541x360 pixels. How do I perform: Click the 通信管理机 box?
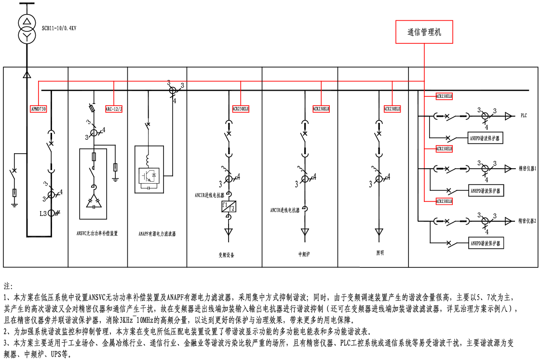(x=424, y=32)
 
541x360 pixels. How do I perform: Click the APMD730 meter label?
(x=39, y=109)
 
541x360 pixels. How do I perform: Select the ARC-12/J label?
(x=114, y=109)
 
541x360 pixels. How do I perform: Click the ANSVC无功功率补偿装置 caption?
(x=97, y=233)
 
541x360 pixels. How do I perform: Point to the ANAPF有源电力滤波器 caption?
(x=157, y=234)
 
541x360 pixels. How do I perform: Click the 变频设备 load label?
(x=226, y=254)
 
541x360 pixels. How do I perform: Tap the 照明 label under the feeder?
(x=380, y=253)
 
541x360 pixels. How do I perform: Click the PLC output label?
(x=524, y=116)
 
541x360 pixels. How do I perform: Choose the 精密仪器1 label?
(x=527, y=169)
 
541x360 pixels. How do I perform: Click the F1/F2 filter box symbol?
(x=228, y=207)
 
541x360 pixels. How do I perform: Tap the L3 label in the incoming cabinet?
(x=44, y=213)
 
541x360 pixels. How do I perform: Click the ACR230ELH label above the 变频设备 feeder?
(x=241, y=109)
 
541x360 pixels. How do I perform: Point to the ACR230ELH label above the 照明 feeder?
(x=392, y=109)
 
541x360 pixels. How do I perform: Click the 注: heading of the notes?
(x=9, y=286)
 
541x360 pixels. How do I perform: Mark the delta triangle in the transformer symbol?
(x=27, y=22)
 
